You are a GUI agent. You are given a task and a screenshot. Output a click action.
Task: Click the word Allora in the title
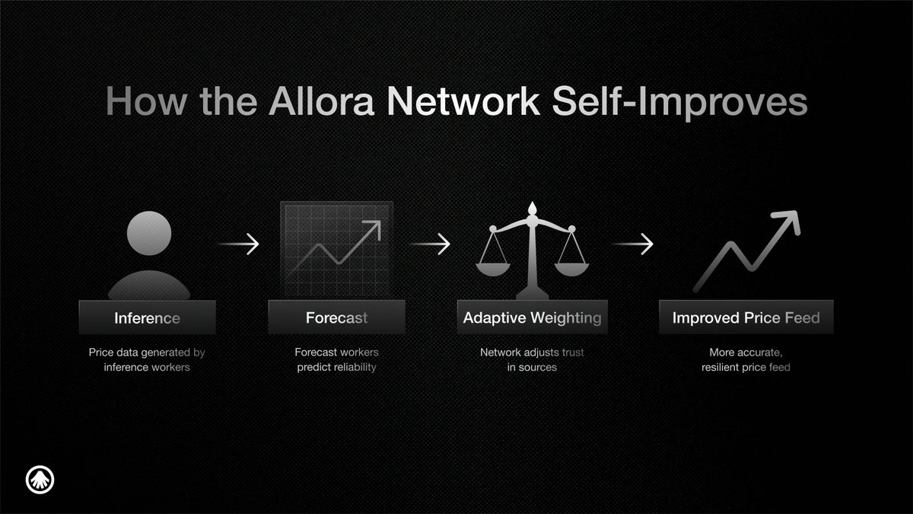pyautogui.click(x=321, y=101)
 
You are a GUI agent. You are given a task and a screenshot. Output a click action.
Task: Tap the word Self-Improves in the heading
pyautogui.click(x=679, y=102)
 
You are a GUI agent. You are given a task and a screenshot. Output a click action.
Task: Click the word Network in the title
pyautogui.click(x=463, y=101)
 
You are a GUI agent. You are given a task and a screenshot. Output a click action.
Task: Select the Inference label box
pyautogui.click(x=147, y=318)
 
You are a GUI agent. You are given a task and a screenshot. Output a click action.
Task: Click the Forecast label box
pyautogui.click(x=336, y=318)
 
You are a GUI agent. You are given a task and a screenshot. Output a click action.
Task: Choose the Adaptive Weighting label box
pyautogui.click(x=533, y=318)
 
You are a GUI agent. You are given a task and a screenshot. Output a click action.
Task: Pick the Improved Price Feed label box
pyautogui.click(x=746, y=318)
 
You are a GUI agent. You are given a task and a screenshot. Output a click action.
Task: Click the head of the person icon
pyautogui.click(x=149, y=233)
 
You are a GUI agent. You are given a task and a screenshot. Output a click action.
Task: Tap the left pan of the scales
pyautogui.click(x=493, y=270)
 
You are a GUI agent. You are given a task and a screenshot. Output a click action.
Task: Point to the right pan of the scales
pyautogui.click(x=572, y=270)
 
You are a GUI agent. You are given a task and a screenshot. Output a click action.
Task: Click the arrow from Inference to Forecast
pyautogui.click(x=238, y=244)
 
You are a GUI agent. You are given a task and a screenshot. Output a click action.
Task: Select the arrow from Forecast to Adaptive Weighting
pyautogui.click(x=430, y=244)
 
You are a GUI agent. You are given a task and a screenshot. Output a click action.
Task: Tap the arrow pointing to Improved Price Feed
pyautogui.click(x=632, y=244)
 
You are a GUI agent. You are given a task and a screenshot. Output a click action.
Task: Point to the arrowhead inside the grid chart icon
pyautogui.click(x=373, y=228)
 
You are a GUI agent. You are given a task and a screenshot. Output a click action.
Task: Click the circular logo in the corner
pyautogui.click(x=40, y=480)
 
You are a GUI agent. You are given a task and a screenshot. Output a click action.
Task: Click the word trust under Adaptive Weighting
pyautogui.click(x=573, y=352)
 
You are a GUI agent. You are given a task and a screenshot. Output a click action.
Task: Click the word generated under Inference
pyautogui.click(x=166, y=353)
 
